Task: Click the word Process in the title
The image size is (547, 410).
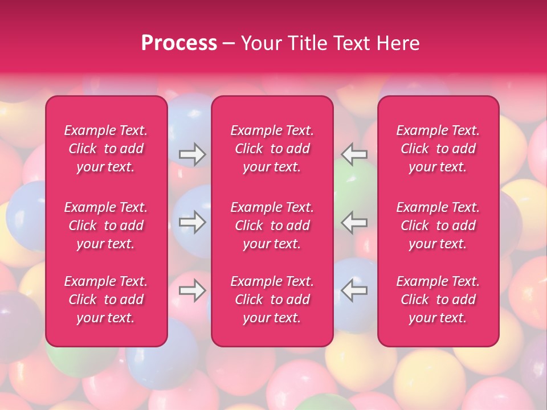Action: (179, 43)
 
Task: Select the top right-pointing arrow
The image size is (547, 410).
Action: (192, 154)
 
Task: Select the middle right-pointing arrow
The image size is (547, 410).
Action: (192, 222)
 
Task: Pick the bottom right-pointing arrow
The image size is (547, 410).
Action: (192, 291)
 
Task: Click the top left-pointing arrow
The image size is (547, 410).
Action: (354, 154)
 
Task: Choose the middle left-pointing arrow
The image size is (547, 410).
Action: (354, 222)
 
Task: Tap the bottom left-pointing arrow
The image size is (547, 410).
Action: (354, 291)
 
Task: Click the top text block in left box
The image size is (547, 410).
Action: (106, 149)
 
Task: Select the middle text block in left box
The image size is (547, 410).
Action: (106, 225)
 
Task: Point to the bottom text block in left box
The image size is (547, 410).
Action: (106, 300)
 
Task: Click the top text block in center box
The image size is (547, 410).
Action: (272, 149)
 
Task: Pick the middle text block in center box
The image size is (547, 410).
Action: (272, 225)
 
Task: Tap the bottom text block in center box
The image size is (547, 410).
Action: (272, 300)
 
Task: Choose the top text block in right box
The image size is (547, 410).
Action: (438, 149)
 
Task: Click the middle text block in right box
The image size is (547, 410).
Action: (438, 225)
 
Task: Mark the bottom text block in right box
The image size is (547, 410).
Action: (438, 300)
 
